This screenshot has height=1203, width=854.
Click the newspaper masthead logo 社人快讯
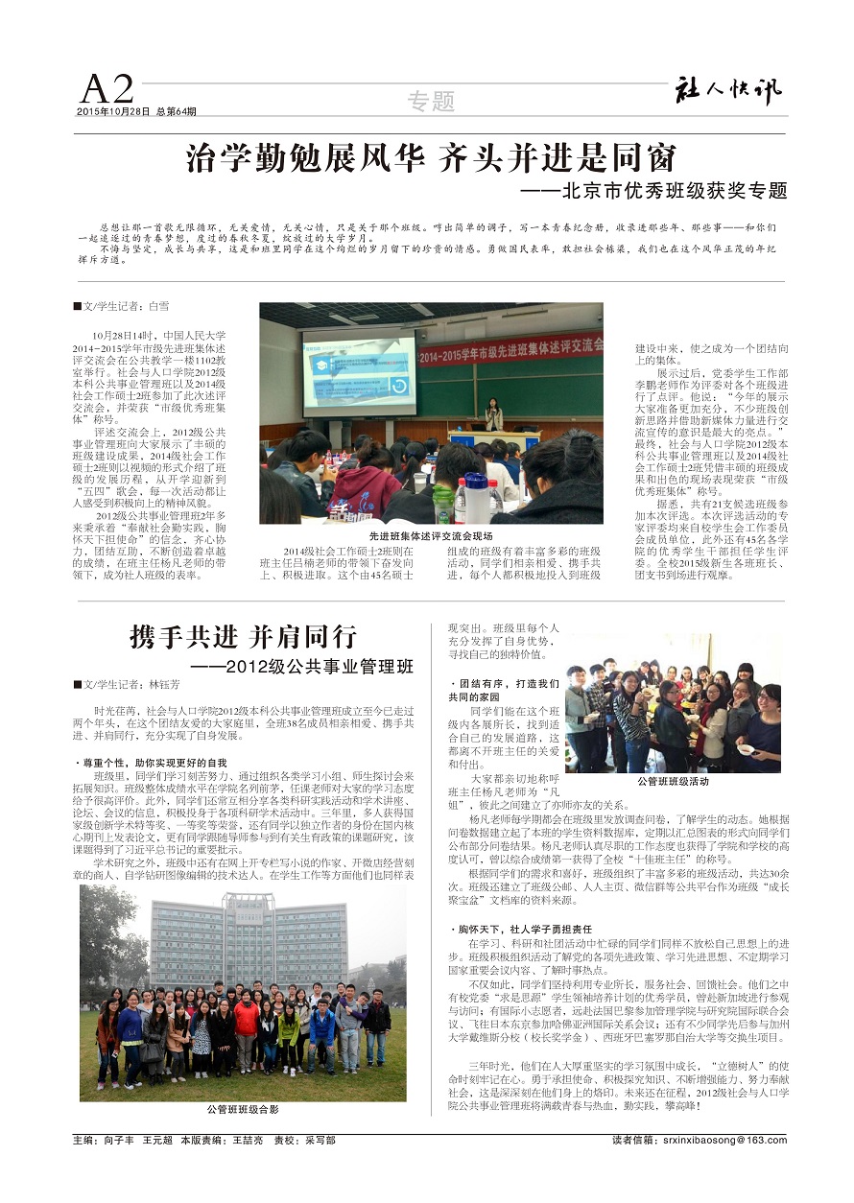click(x=726, y=89)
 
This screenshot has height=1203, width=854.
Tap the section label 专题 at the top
click(x=431, y=101)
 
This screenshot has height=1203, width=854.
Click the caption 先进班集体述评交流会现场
click(x=431, y=534)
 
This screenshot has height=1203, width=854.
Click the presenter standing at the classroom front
click(x=494, y=413)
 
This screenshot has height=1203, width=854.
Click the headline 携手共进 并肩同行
click(x=243, y=636)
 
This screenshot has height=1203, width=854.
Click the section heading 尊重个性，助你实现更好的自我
click(x=153, y=763)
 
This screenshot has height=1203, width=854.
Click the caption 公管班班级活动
click(x=673, y=782)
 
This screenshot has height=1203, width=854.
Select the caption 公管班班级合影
click(x=243, y=1109)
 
